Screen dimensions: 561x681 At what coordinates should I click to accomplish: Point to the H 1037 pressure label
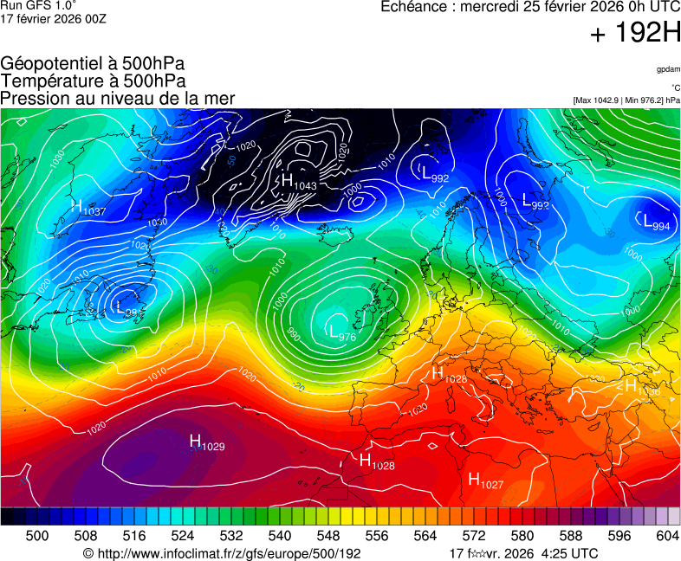click(88, 208)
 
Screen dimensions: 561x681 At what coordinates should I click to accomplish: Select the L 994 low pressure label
click(656, 222)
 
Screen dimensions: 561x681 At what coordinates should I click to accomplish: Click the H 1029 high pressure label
click(206, 443)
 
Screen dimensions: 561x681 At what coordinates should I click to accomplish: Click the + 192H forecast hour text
click(635, 34)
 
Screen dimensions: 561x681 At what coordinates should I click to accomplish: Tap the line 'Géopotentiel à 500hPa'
click(93, 64)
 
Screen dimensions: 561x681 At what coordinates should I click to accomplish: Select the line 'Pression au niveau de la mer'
click(118, 98)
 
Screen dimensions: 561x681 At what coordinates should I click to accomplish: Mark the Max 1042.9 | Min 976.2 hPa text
click(626, 100)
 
